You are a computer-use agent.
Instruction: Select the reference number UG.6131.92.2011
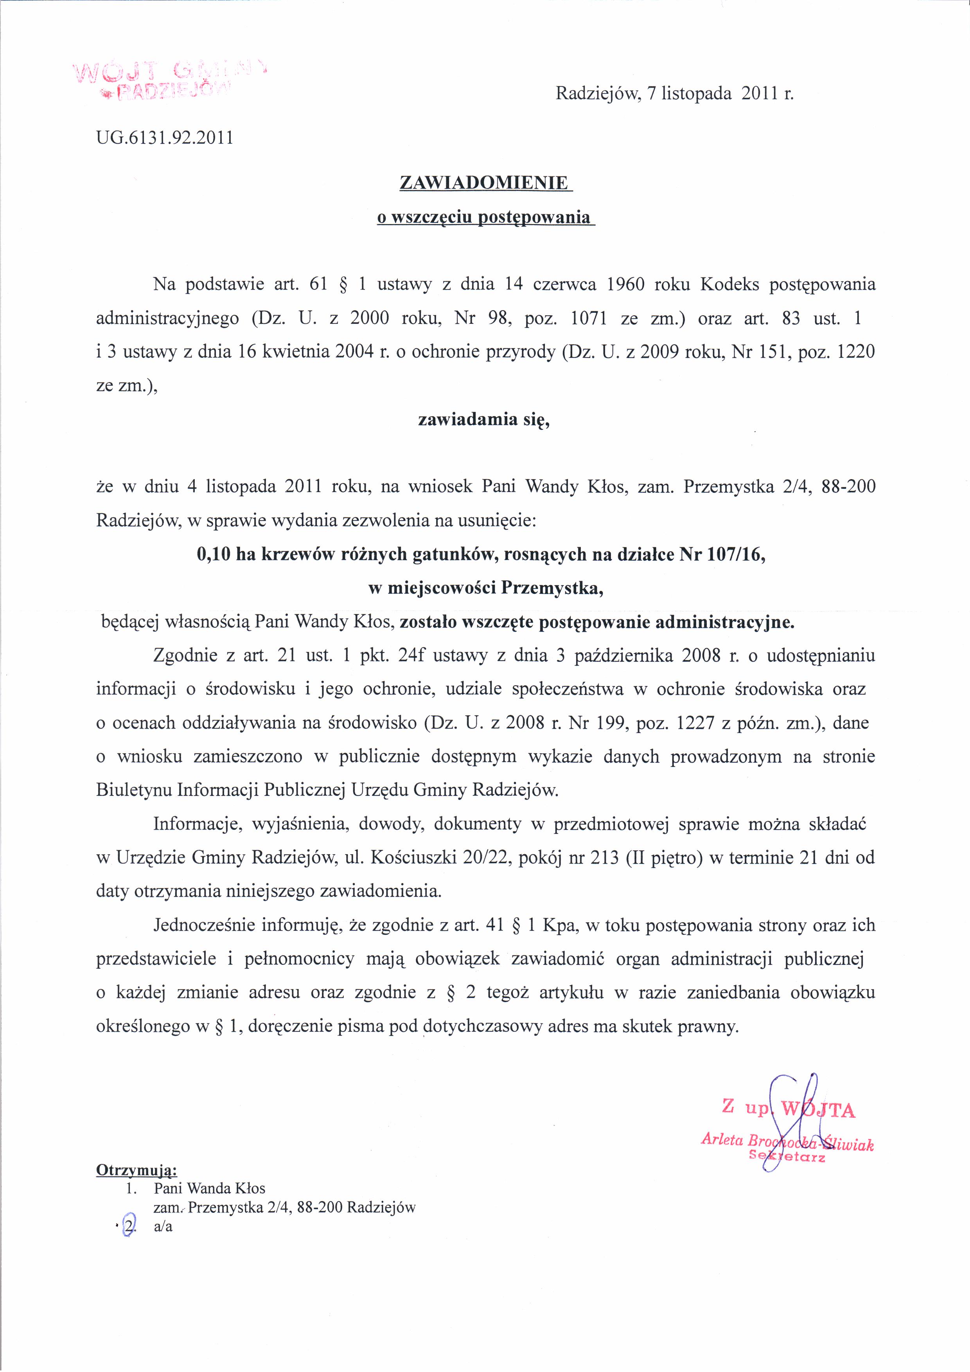164,138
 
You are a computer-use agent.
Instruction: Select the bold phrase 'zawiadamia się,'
483,420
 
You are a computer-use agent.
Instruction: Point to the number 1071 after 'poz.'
589,318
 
